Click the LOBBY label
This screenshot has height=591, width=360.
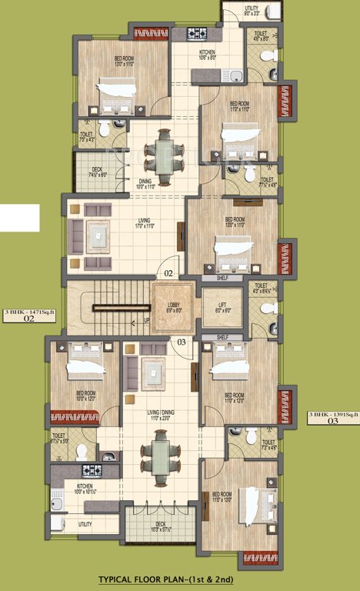point(174,306)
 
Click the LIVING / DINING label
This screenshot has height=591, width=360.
point(162,414)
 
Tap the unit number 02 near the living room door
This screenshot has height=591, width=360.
point(167,272)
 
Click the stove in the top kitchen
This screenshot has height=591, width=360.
point(198,34)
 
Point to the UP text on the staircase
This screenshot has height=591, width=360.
point(147,321)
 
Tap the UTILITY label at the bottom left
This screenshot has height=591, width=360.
point(85,523)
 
